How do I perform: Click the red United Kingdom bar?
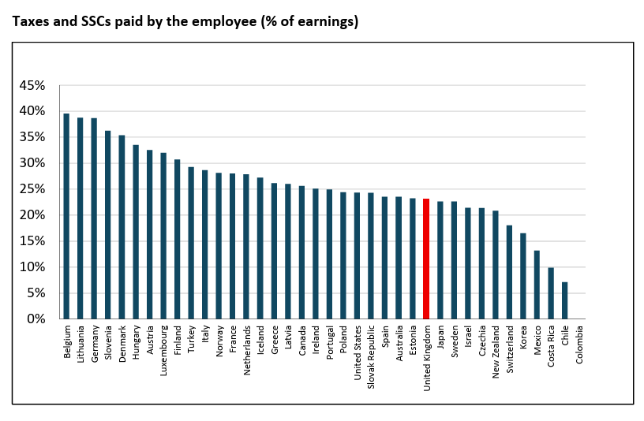[x=426, y=259]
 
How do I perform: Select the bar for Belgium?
[x=66, y=216]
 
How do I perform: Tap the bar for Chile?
[x=565, y=300]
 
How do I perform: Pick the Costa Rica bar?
[x=551, y=293]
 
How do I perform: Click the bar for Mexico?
[x=537, y=285]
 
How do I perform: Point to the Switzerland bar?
[x=509, y=272]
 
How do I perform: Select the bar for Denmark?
[x=122, y=227]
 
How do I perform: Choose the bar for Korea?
[x=523, y=276]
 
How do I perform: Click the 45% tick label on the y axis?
[x=32, y=85]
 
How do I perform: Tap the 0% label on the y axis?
[x=36, y=319]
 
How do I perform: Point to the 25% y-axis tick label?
[x=32, y=189]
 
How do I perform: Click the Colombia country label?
[x=579, y=345]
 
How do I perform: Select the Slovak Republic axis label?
[x=371, y=357]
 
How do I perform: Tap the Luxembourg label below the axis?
[x=163, y=350]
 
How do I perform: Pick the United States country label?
[x=358, y=353]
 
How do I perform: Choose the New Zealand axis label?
[x=496, y=352]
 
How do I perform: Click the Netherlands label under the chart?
[x=247, y=350]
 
